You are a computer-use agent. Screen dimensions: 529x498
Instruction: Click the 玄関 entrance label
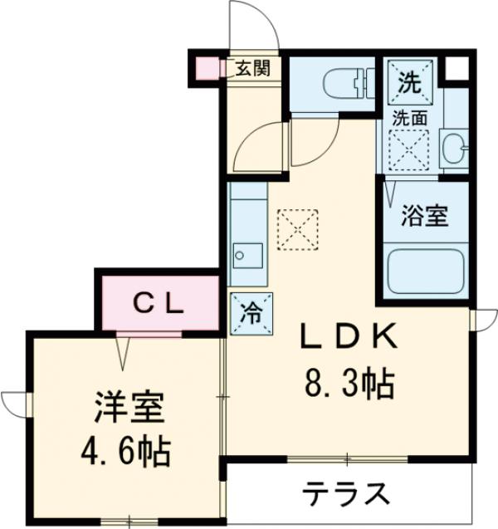click(251, 69)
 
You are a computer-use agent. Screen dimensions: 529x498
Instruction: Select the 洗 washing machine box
click(409, 82)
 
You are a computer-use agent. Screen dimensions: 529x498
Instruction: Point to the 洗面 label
click(410, 118)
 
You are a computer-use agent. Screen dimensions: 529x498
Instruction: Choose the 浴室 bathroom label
click(424, 216)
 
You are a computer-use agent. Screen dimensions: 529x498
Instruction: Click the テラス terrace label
click(346, 495)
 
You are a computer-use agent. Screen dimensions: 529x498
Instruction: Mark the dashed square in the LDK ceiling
click(297, 228)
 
